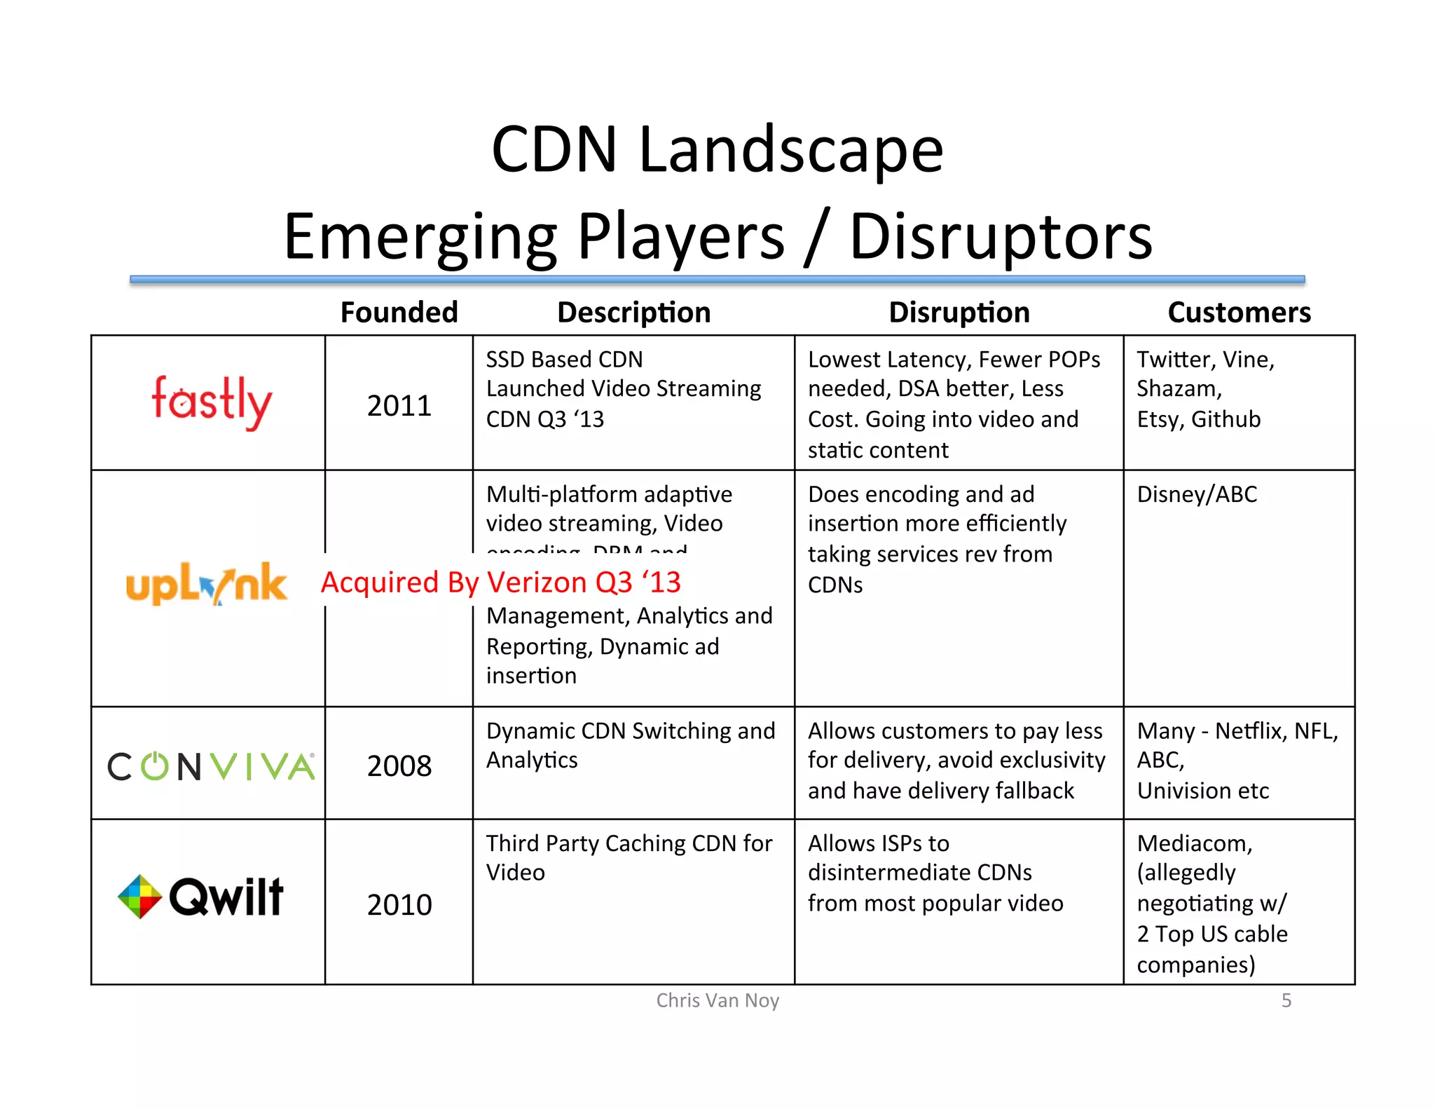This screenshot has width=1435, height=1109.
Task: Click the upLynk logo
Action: tap(207, 583)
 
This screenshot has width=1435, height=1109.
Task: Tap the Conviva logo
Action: tap(211, 766)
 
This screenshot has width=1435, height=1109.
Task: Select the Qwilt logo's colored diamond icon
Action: tap(140, 896)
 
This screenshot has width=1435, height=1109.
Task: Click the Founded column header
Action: tap(399, 312)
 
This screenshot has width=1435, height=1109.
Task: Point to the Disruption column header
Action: tap(959, 312)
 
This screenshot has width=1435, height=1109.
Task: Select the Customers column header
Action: tap(1238, 312)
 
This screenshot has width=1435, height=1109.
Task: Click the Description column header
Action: tap(633, 312)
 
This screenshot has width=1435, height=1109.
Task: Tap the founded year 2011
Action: tap(399, 406)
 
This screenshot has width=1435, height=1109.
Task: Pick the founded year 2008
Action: tap(399, 766)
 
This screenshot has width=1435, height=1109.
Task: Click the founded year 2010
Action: tap(399, 904)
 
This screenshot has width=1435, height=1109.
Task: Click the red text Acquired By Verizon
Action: tap(500, 582)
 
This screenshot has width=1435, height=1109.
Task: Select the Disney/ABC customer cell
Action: tap(1196, 494)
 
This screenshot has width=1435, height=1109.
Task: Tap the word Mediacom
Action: tap(1194, 843)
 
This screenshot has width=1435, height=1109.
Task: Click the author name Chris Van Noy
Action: tap(717, 1000)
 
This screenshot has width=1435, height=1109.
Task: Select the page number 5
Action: tap(1286, 1000)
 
